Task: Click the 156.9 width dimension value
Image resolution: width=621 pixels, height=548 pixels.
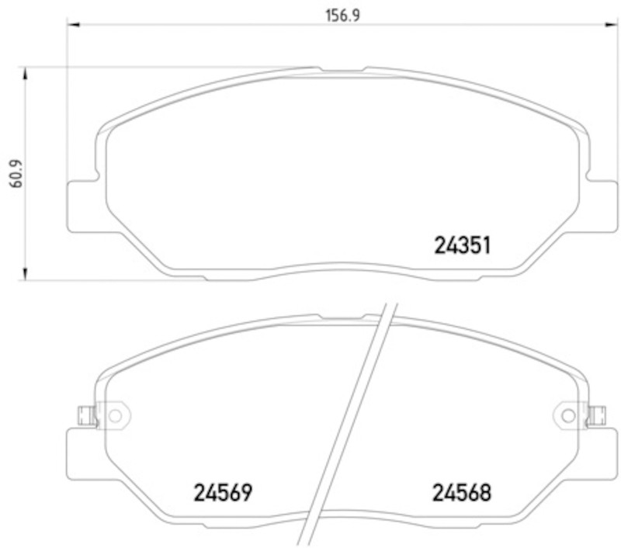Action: pos(342,16)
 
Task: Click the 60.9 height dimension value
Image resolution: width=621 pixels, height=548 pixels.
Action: pos(16,173)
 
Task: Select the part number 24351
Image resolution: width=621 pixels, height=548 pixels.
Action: pos(462,245)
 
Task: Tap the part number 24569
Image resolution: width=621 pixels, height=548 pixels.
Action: pos(223,493)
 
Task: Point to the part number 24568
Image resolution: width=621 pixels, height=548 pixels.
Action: pos(461,493)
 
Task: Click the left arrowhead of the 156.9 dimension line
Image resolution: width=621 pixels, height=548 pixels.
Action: pos(74,25)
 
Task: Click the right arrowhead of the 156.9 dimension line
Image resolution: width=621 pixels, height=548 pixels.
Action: pos(610,25)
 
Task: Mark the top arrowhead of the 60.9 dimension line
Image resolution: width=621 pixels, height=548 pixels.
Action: pos(26,73)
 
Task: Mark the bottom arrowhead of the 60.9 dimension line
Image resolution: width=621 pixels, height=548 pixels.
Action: pos(26,273)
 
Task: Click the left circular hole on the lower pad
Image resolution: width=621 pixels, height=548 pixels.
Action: pos(115,416)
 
